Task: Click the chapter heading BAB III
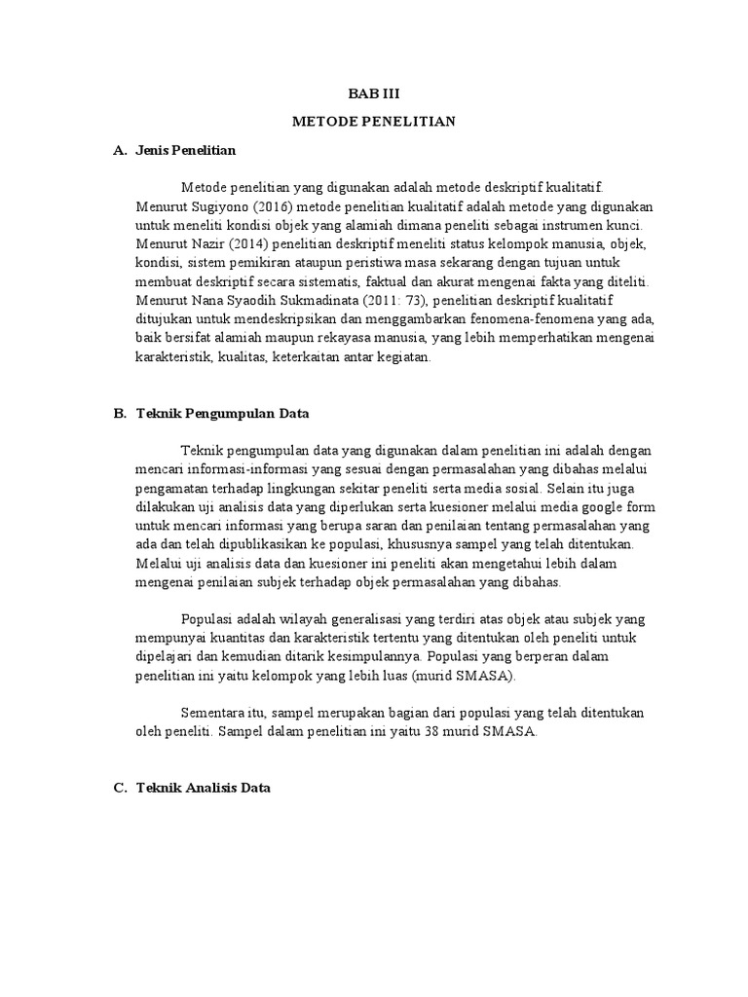[374, 93]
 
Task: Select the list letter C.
[120, 789]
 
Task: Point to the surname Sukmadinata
[286, 301]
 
